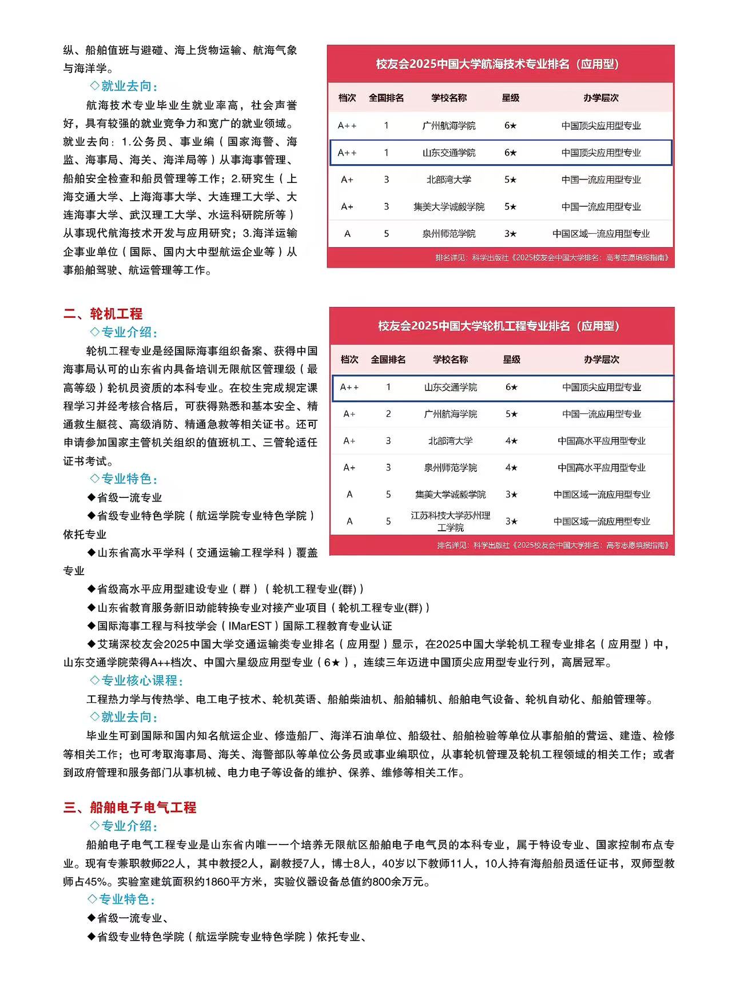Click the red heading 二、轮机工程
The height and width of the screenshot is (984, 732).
[x=103, y=313]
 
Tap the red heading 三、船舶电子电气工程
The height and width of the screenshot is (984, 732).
[x=130, y=807]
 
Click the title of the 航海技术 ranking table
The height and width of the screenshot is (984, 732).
[x=498, y=64]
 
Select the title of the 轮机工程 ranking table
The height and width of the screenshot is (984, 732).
[x=499, y=326]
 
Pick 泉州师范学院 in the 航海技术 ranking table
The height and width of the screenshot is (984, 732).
[x=449, y=234]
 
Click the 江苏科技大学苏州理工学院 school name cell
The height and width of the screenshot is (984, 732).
[x=451, y=521]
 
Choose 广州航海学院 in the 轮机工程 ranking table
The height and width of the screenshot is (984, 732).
[x=451, y=414]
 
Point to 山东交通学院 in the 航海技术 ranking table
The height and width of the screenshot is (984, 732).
[x=449, y=153]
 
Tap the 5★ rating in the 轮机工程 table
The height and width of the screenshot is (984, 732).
[x=511, y=414]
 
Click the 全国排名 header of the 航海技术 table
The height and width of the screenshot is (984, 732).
[x=386, y=98]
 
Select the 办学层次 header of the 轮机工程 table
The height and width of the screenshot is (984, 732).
[x=602, y=360]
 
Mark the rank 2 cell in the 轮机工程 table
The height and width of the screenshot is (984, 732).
[x=388, y=414]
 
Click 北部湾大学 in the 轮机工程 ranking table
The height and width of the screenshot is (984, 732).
[x=451, y=441]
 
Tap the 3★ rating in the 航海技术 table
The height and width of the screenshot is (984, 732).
[x=510, y=234]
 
